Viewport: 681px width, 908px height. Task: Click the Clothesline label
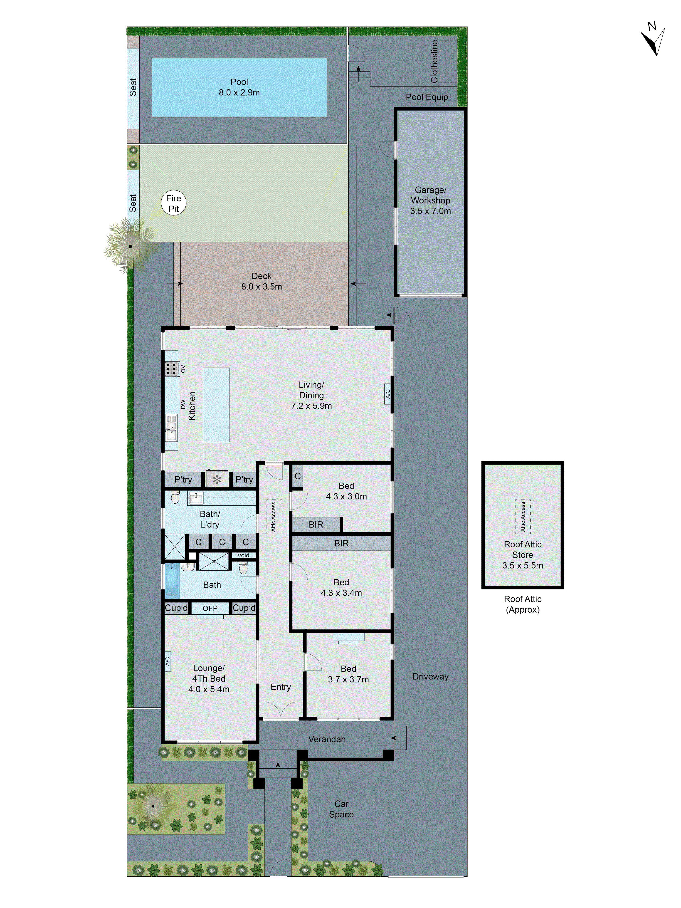click(x=434, y=62)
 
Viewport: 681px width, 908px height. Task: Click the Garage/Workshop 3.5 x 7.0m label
click(x=430, y=200)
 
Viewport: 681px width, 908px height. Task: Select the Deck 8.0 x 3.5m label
click(x=262, y=281)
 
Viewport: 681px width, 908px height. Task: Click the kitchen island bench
click(x=216, y=404)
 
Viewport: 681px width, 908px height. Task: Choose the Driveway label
click(x=430, y=676)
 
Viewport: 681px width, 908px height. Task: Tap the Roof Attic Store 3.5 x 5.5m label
click(x=523, y=554)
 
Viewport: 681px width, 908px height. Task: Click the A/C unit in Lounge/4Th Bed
click(x=168, y=661)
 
